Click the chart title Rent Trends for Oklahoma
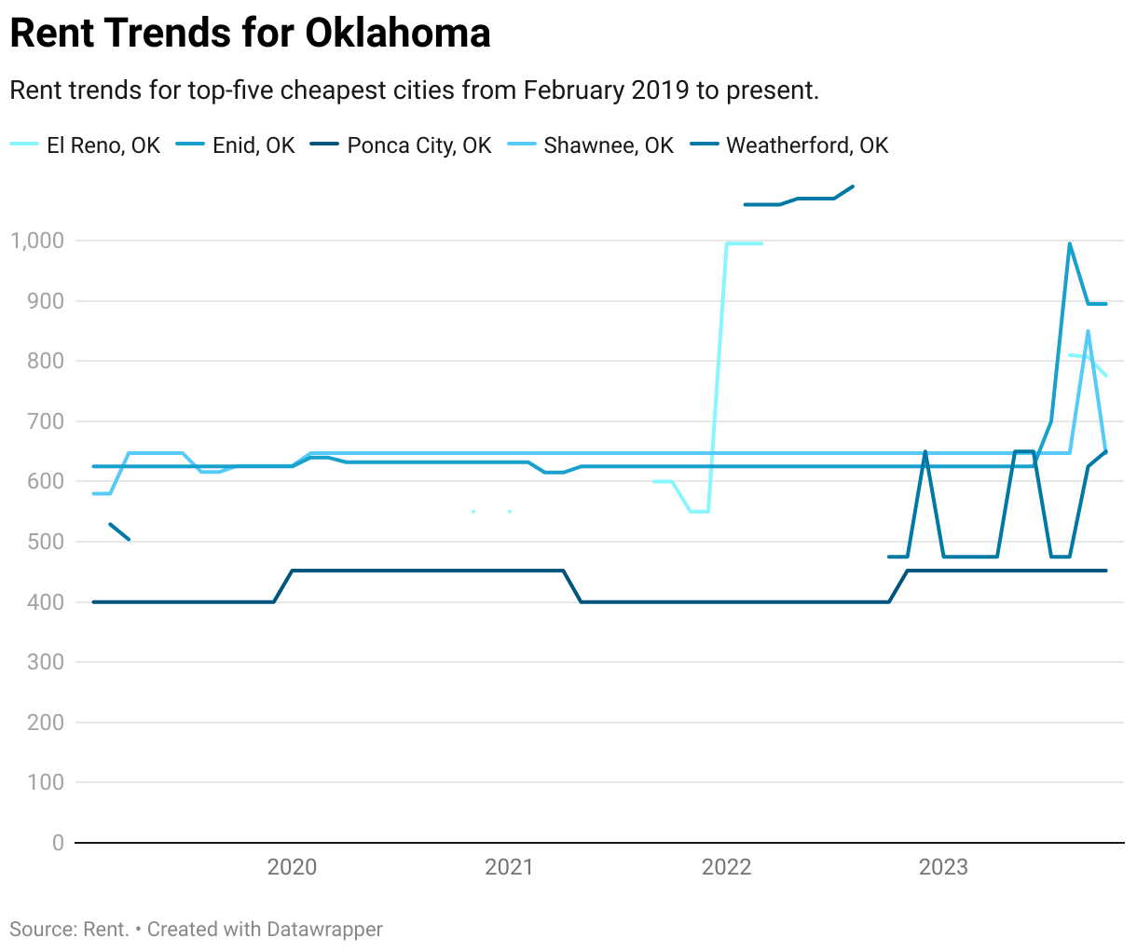[x=250, y=34]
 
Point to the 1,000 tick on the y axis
[x=37, y=241]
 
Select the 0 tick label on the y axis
[x=58, y=843]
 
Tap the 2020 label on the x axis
[x=292, y=867]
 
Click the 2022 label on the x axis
[x=726, y=867]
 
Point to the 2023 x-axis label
[x=943, y=867]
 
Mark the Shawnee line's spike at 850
[x=1088, y=332]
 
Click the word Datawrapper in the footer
[x=324, y=930]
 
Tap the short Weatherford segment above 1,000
[x=798, y=200]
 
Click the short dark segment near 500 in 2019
[x=119, y=531]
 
